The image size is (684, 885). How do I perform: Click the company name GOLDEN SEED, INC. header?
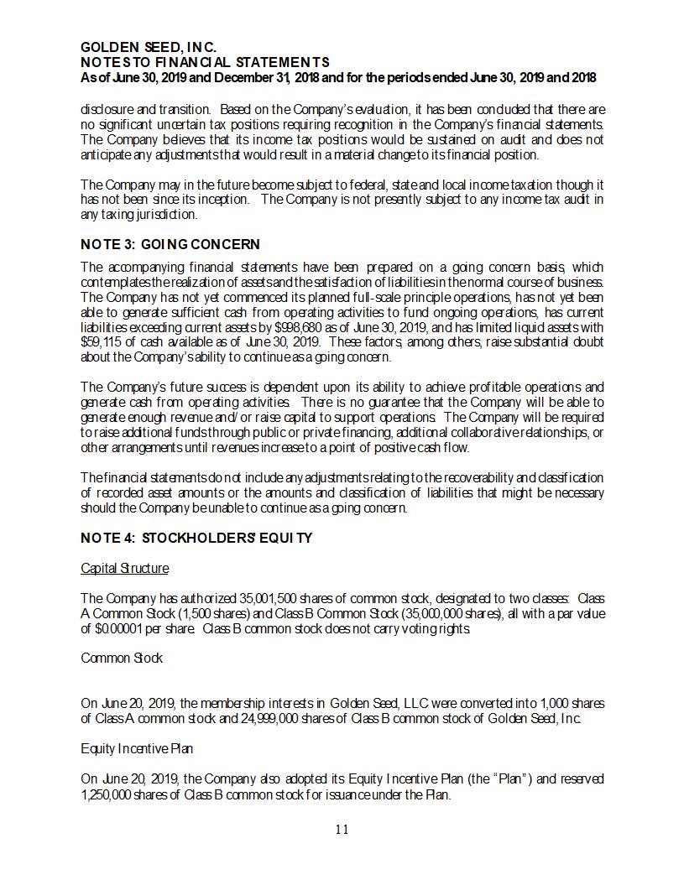pos(149,48)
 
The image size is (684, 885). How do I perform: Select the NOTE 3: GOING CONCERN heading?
pos(170,244)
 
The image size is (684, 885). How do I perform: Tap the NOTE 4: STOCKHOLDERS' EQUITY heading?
pos(196,537)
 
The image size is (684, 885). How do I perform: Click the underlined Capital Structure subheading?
pos(124,569)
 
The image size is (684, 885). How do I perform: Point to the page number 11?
pos(342,830)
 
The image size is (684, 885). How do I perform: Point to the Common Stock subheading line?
pos(122,658)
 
